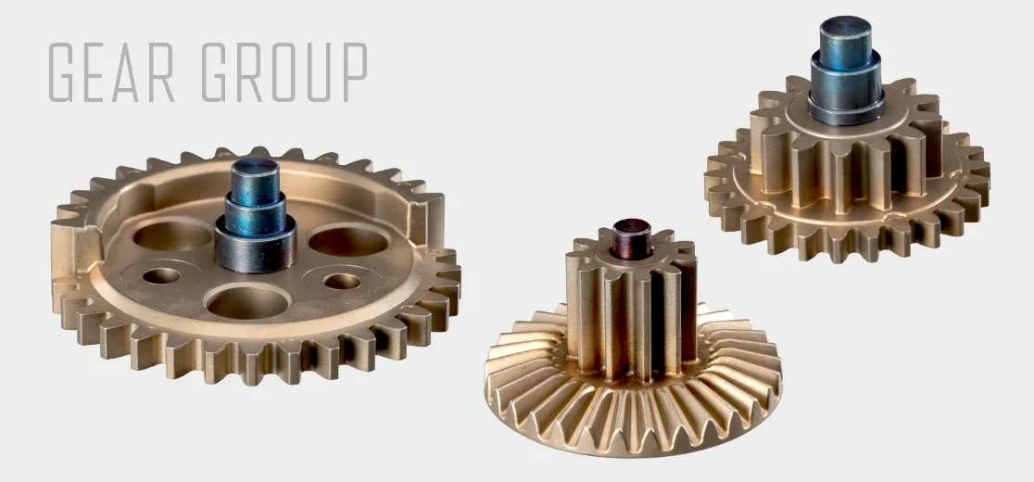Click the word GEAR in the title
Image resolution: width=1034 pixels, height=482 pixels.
click(x=112, y=72)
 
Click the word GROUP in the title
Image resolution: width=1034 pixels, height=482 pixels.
click(x=284, y=72)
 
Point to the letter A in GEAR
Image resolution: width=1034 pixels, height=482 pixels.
click(x=132, y=72)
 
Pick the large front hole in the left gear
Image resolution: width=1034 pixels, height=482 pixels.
click(x=249, y=301)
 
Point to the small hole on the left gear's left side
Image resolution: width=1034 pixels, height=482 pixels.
click(x=161, y=275)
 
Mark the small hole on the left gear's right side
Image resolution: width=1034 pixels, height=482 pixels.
click(x=343, y=280)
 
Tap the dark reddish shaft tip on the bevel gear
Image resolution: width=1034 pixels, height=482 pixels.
click(x=634, y=231)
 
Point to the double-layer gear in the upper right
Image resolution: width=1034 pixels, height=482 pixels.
click(x=848, y=167)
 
